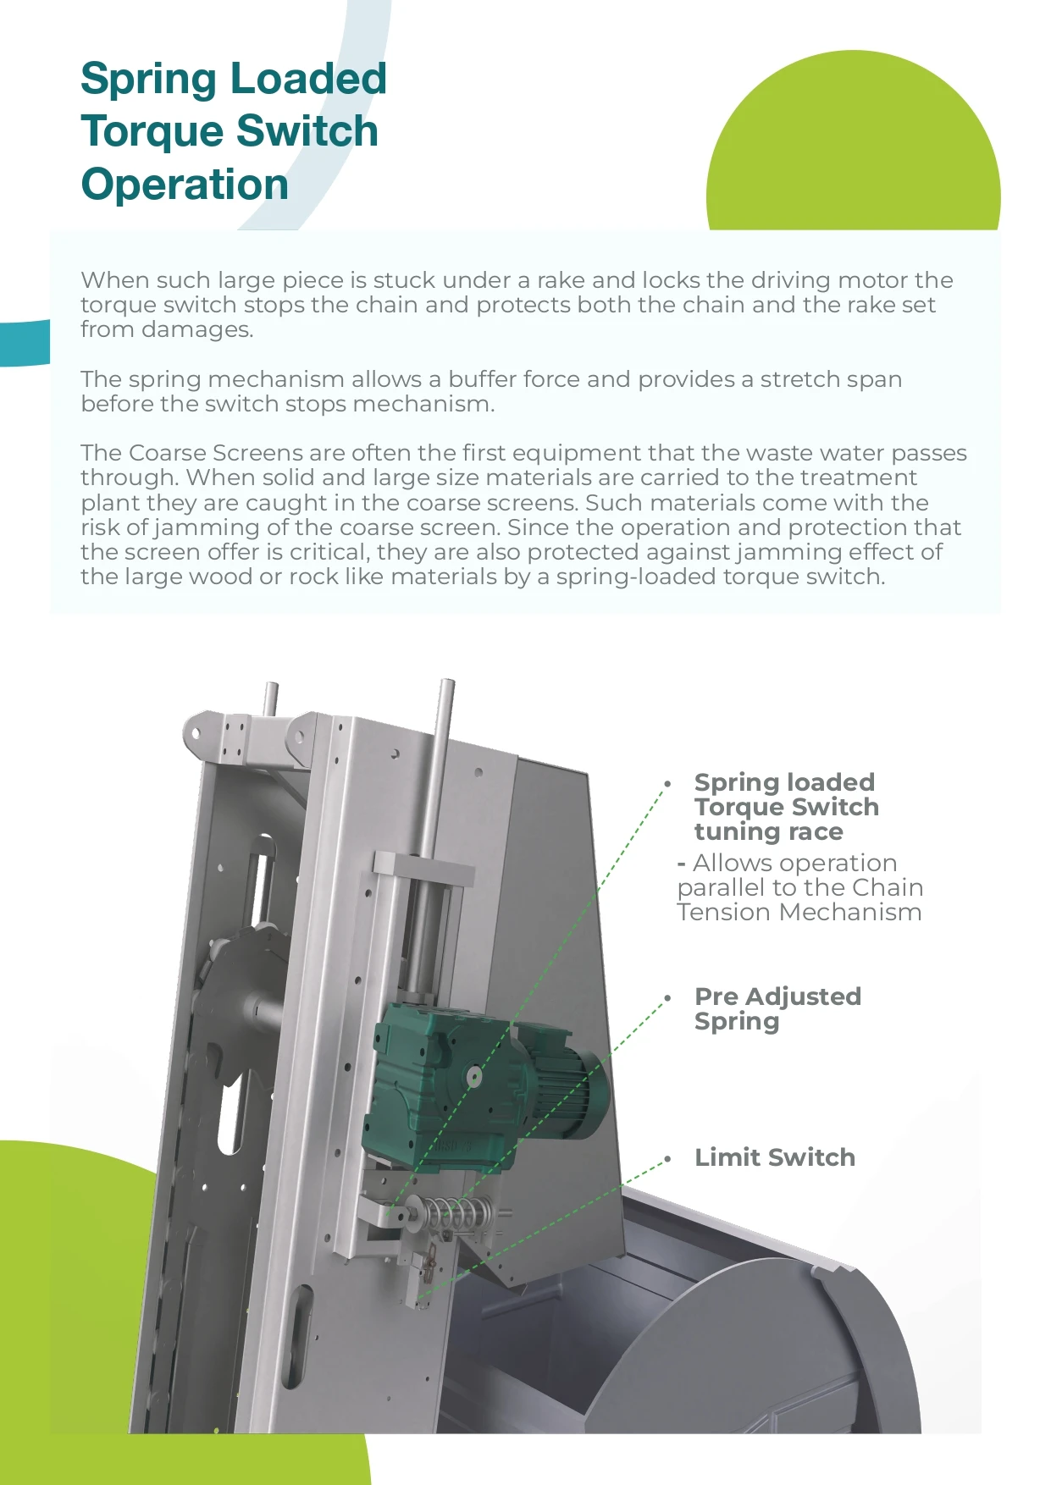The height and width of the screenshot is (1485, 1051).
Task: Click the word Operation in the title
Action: coord(185,185)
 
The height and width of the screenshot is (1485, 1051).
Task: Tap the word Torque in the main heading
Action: coord(150,131)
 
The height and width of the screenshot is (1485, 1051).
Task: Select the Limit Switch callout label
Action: coord(774,1157)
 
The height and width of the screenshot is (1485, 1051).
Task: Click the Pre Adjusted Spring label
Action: coord(777,1008)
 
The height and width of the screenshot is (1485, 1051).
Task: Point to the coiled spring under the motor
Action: coord(452,1214)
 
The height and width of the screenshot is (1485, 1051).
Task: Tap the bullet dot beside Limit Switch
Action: coord(668,1158)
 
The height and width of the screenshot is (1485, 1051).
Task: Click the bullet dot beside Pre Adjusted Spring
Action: coord(668,998)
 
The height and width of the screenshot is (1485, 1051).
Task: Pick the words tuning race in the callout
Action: coord(768,832)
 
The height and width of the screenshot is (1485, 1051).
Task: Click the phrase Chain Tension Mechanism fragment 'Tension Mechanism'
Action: coord(799,913)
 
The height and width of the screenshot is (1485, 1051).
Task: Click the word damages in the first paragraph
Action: coord(196,329)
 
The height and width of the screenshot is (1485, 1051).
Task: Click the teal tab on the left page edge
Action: coord(25,343)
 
